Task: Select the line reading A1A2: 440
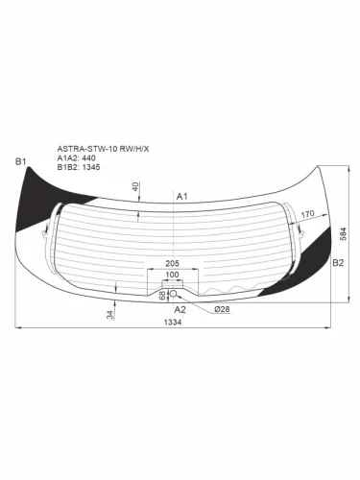[79, 158]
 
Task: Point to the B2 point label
[338, 262]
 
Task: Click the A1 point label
[181, 196]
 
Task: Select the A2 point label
[180, 310]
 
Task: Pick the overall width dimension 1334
[173, 324]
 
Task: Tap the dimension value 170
[307, 215]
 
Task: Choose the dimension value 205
[173, 264]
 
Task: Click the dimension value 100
[172, 276]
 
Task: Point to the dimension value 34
[109, 314]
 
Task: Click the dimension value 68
[161, 296]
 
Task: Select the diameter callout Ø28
[221, 309]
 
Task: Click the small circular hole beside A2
[173, 294]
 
